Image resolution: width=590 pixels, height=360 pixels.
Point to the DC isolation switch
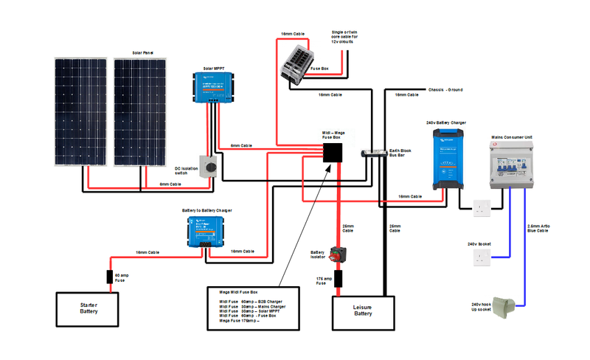click(x=212, y=166)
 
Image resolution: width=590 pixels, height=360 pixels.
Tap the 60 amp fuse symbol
click(x=111, y=277)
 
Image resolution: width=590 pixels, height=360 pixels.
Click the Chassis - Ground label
click(x=445, y=90)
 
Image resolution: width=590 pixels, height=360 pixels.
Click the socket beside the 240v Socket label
click(x=482, y=257)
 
